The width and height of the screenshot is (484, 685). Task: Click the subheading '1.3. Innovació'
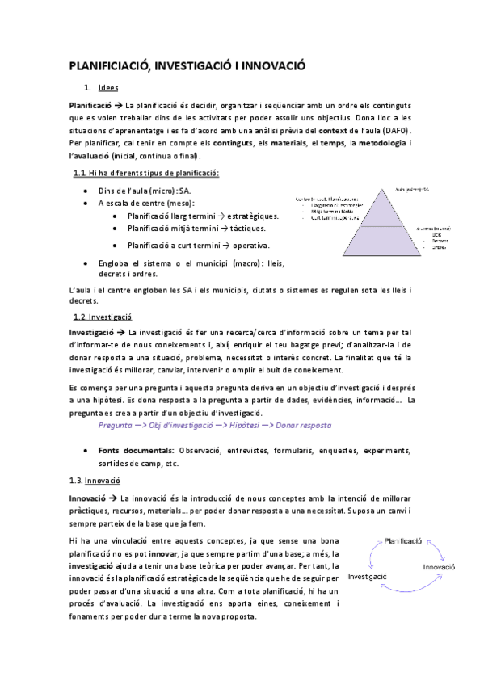coord(98,481)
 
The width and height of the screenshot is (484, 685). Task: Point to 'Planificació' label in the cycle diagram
coord(402,538)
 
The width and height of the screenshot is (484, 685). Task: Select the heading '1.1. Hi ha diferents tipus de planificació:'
coord(145,174)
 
